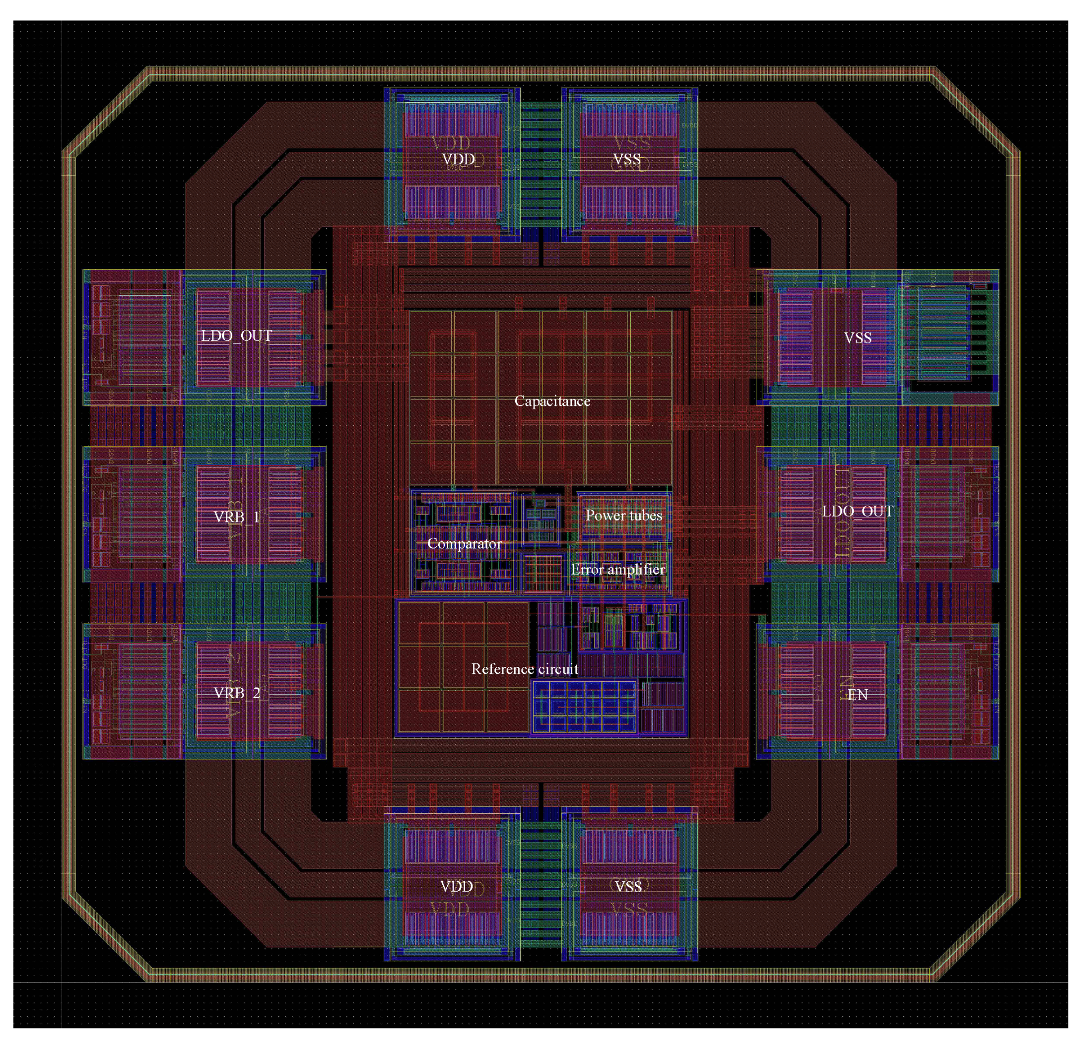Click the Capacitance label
(x=552, y=401)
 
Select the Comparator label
(x=464, y=543)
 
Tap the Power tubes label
(x=623, y=516)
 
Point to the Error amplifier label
(x=618, y=569)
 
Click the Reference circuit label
(x=525, y=669)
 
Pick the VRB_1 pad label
(x=236, y=517)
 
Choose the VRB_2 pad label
(x=236, y=693)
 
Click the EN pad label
(x=857, y=695)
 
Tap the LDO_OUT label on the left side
(x=236, y=335)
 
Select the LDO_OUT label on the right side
(x=857, y=511)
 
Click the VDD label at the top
(x=458, y=159)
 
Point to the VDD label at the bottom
(x=456, y=887)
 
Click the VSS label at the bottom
(x=628, y=887)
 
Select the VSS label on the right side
(x=857, y=337)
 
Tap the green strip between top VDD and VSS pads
(x=541, y=166)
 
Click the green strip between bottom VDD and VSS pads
(x=541, y=889)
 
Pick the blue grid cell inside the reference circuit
(x=584, y=707)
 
